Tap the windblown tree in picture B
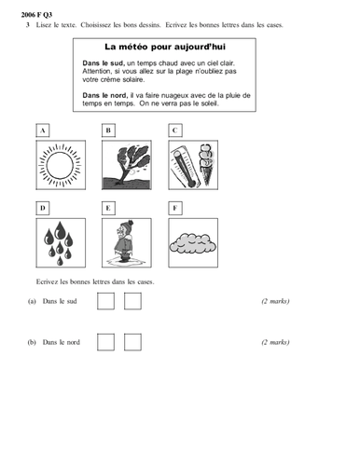pyautogui.click(x=129, y=166)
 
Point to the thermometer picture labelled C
pyautogui.click(x=194, y=166)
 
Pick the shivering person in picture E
pyautogui.click(x=129, y=242)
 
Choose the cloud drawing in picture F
pyautogui.click(x=194, y=242)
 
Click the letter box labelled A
pyautogui.click(x=43, y=130)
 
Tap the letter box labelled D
pyautogui.click(x=43, y=207)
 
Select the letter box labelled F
pyautogui.click(x=173, y=207)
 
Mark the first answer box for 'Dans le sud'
pyautogui.click(x=106, y=301)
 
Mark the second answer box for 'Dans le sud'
pyautogui.click(x=133, y=301)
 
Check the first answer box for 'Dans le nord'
pyautogui.click(x=106, y=342)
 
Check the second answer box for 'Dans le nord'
pyautogui.click(x=133, y=342)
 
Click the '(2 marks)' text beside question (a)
pyautogui.click(x=275, y=302)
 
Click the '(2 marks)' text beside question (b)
pyautogui.click(x=275, y=343)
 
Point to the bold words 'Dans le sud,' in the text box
pyautogui.click(x=104, y=62)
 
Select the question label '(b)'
pyautogui.click(x=32, y=343)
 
